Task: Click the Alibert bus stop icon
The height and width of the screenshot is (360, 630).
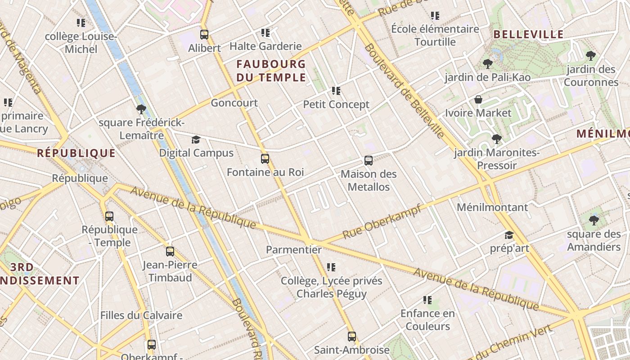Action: pyautogui.click(x=204, y=35)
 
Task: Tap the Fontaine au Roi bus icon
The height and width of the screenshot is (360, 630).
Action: pyautogui.click(x=265, y=159)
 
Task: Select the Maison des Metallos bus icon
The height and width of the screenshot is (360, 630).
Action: pyautogui.click(x=369, y=161)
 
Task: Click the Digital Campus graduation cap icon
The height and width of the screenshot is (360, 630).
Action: pyautogui.click(x=196, y=139)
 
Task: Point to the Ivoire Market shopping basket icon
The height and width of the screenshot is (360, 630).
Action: pyautogui.click(x=478, y=99)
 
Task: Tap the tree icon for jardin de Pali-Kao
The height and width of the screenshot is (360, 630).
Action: pyautogui.click(x=487, y=64)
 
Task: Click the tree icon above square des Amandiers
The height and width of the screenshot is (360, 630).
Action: pyautogui.click(x=594, y=220)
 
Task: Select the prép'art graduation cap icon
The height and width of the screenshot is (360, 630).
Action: pyautogui.click(x=509, y=235)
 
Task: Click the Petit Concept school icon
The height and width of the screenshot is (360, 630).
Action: pyautogui.click(x=336, y=91)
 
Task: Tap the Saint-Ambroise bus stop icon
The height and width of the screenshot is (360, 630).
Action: pyautogui.click(x=351, y=336)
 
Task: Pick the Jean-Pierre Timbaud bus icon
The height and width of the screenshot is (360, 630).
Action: pyautogui.click(x=170, y=252)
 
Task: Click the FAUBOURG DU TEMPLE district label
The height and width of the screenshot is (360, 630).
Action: pyautogui.click(x=271, y=71)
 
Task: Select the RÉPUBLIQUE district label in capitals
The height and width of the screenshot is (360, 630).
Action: pyautogui.click(x=76, y=153)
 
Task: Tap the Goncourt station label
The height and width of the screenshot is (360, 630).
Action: pyautogui.click(x=234, y=103)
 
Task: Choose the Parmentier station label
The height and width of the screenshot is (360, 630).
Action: pyautogui.click(x=294, y=250)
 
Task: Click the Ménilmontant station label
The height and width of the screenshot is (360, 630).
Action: pyautogui.click(x=492, y=207)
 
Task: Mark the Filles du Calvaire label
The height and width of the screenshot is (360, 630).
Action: pyautogui.click(x=141, y=315)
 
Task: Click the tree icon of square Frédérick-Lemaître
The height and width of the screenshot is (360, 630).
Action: pyautogui.click(x=141, y=109)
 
